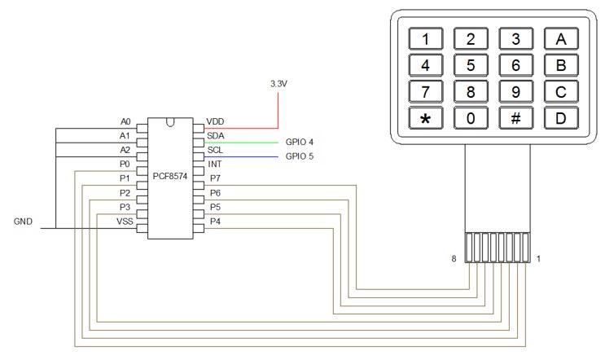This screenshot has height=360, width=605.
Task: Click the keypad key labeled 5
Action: (x=470, y=64)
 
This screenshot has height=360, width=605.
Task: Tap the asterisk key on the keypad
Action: (x=424, y=117)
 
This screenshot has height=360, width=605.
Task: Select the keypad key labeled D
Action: (x=560, y=117)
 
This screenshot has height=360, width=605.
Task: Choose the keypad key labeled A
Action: (x=560, y=38)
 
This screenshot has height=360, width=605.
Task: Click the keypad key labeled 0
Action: (x=470, y=117)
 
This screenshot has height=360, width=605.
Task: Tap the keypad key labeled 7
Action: (x=424, y=91)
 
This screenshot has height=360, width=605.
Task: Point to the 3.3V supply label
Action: (x=279, y=83)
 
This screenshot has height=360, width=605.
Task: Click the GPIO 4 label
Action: (x=300, y=142)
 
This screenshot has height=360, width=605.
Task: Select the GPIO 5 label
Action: (x=300, y=156)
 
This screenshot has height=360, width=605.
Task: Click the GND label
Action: (x=24, y=222)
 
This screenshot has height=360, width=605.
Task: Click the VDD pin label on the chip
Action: (x=216, y=121)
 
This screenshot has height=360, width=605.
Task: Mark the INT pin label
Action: (x=215, y=164)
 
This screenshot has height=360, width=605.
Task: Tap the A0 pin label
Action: (x=125, y=121)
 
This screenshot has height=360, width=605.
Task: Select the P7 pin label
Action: (x=215, y=178)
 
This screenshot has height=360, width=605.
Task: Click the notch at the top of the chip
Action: (x=170, y=123)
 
